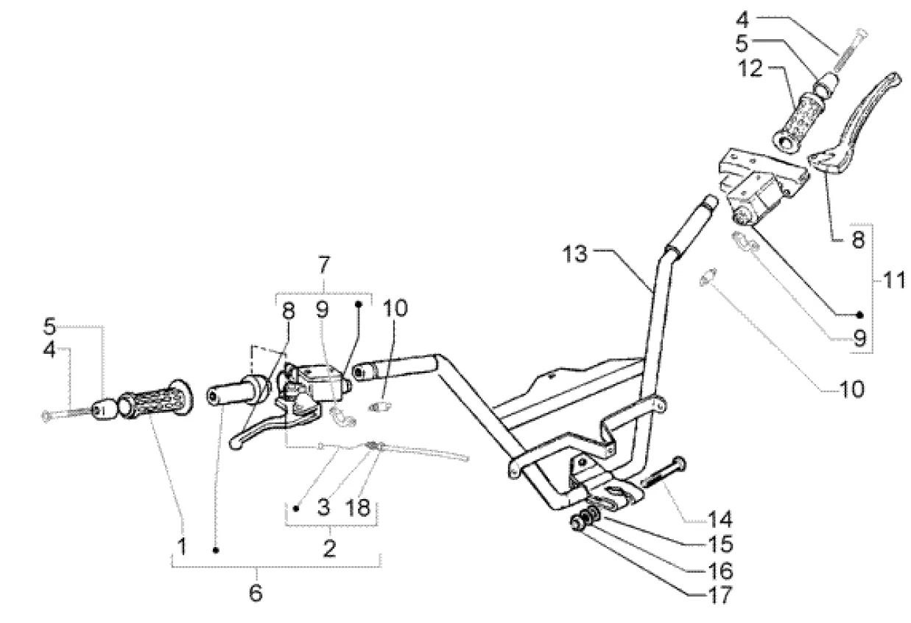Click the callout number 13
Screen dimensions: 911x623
[574, 254]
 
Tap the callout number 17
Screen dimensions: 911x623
[720, 595]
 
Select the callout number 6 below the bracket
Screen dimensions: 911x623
[256, 593]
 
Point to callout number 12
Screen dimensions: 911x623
[750, 69]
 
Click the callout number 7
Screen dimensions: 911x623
[324, 265]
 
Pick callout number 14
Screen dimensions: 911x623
[720, 519]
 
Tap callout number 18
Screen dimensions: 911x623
[358, 508]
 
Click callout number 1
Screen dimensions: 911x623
[182, 546]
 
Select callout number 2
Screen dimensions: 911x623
[329, 549]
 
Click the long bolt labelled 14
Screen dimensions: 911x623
[664, 473]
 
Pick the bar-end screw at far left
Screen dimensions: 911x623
[67, 414]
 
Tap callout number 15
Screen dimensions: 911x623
[720, 544]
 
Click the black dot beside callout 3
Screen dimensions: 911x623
[296, 508]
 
